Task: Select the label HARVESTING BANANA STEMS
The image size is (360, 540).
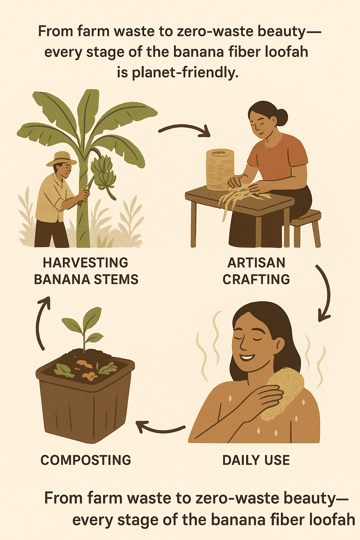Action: point(86,271)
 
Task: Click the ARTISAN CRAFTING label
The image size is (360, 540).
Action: point(256,271)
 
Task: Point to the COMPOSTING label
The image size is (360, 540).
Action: point(86,460)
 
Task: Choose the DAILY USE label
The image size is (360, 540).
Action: point(256,460)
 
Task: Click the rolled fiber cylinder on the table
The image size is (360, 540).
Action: point(220,169)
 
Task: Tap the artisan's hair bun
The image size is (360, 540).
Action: point(282,117)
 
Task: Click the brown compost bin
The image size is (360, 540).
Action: point(85,398)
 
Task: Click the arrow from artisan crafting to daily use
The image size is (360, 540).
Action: point(327,292)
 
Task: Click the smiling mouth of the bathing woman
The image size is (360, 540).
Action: point(247,357)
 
